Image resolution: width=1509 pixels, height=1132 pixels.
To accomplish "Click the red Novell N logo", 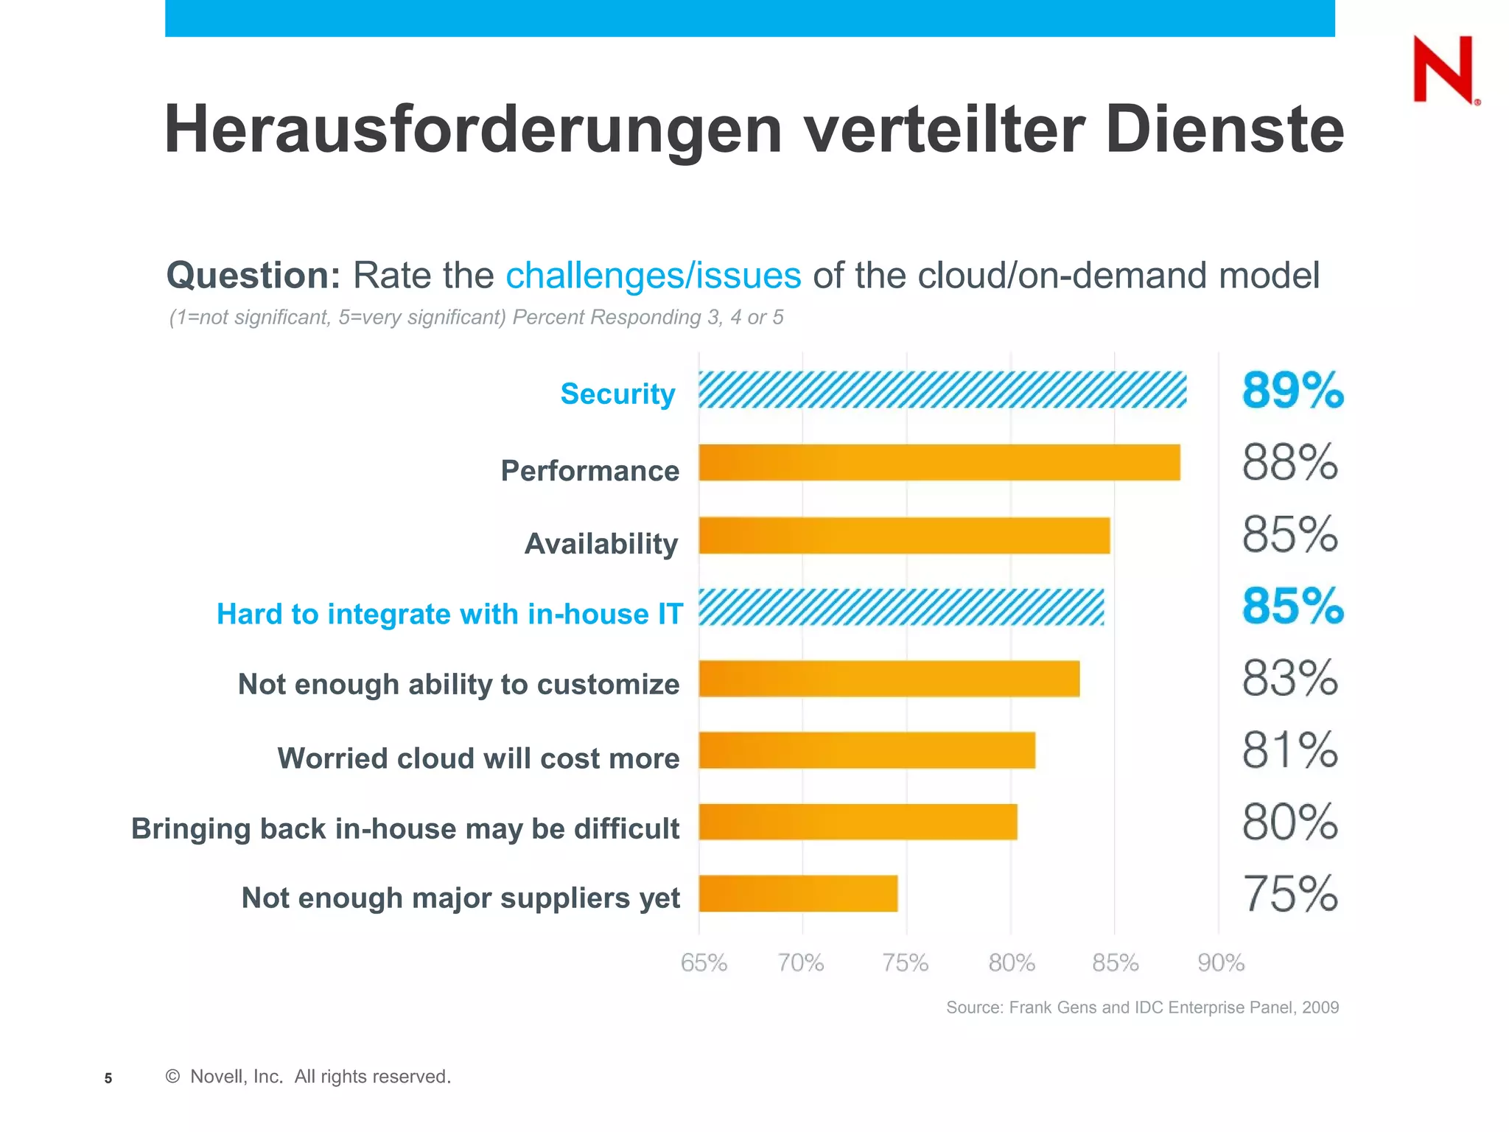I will (1443, 69).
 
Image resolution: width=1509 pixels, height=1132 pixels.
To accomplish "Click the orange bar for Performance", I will (939, 463).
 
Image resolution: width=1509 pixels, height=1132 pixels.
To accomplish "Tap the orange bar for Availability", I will (903, 536).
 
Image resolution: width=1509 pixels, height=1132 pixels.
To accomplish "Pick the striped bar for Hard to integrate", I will (900, 607).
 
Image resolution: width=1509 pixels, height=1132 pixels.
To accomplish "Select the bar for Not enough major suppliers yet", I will (797, 893).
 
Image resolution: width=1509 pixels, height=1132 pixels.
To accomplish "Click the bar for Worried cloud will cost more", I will (866, 750).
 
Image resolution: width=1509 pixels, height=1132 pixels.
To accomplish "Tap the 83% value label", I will (1289, 678).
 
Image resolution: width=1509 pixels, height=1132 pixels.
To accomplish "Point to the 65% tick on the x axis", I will (704, 962).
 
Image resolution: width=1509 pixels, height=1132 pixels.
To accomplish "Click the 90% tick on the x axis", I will (1220, 962).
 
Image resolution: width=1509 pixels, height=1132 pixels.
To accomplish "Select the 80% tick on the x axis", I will (1011, 962).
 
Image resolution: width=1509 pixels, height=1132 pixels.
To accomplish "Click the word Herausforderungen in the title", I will (472, 130).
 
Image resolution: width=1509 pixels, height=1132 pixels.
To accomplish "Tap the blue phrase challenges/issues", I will (653, 276).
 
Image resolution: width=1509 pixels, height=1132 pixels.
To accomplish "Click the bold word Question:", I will (253, 276).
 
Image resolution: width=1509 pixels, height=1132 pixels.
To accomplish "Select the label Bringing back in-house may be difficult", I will (405, 828).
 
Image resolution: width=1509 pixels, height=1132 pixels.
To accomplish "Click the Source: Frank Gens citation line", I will (1141, 1007).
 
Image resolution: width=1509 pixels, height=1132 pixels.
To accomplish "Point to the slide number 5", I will (108, 1078).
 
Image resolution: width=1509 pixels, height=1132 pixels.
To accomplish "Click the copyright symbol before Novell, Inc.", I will (173, 1077).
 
